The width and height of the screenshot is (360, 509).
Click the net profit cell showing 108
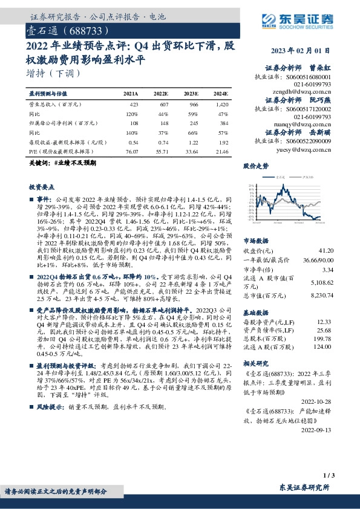pyautogui.click(x=134, y=123)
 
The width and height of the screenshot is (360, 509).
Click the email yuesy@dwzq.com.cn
pyautogui.click(x=306, y=149)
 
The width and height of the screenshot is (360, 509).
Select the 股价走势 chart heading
pyautogui.click(x=255, y=165)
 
